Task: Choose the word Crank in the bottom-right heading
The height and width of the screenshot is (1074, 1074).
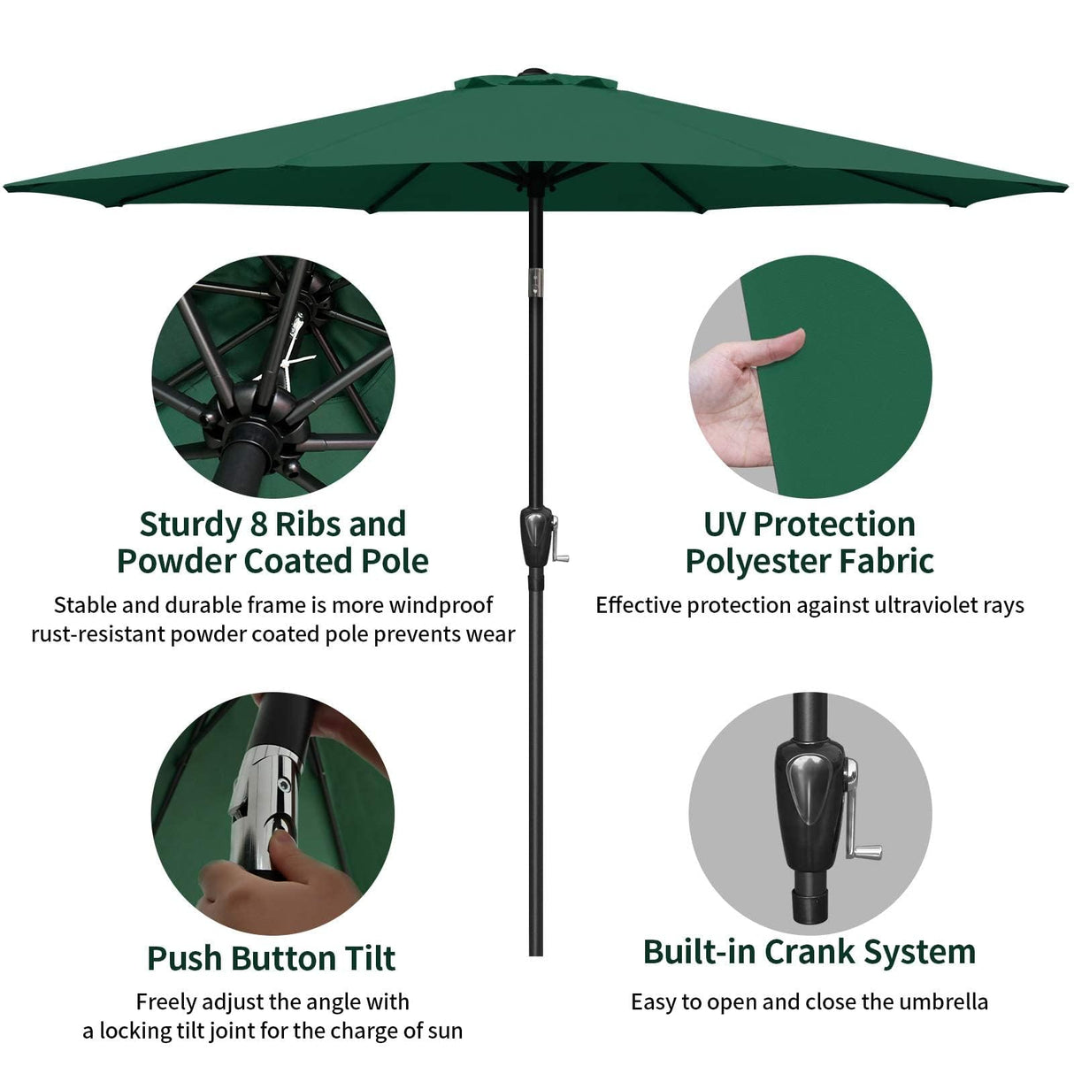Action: click(x=810, y=952)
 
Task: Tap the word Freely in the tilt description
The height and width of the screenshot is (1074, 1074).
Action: click(x=166, y=1002)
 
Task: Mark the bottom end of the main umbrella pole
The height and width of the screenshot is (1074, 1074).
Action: click(x=534, y=951)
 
